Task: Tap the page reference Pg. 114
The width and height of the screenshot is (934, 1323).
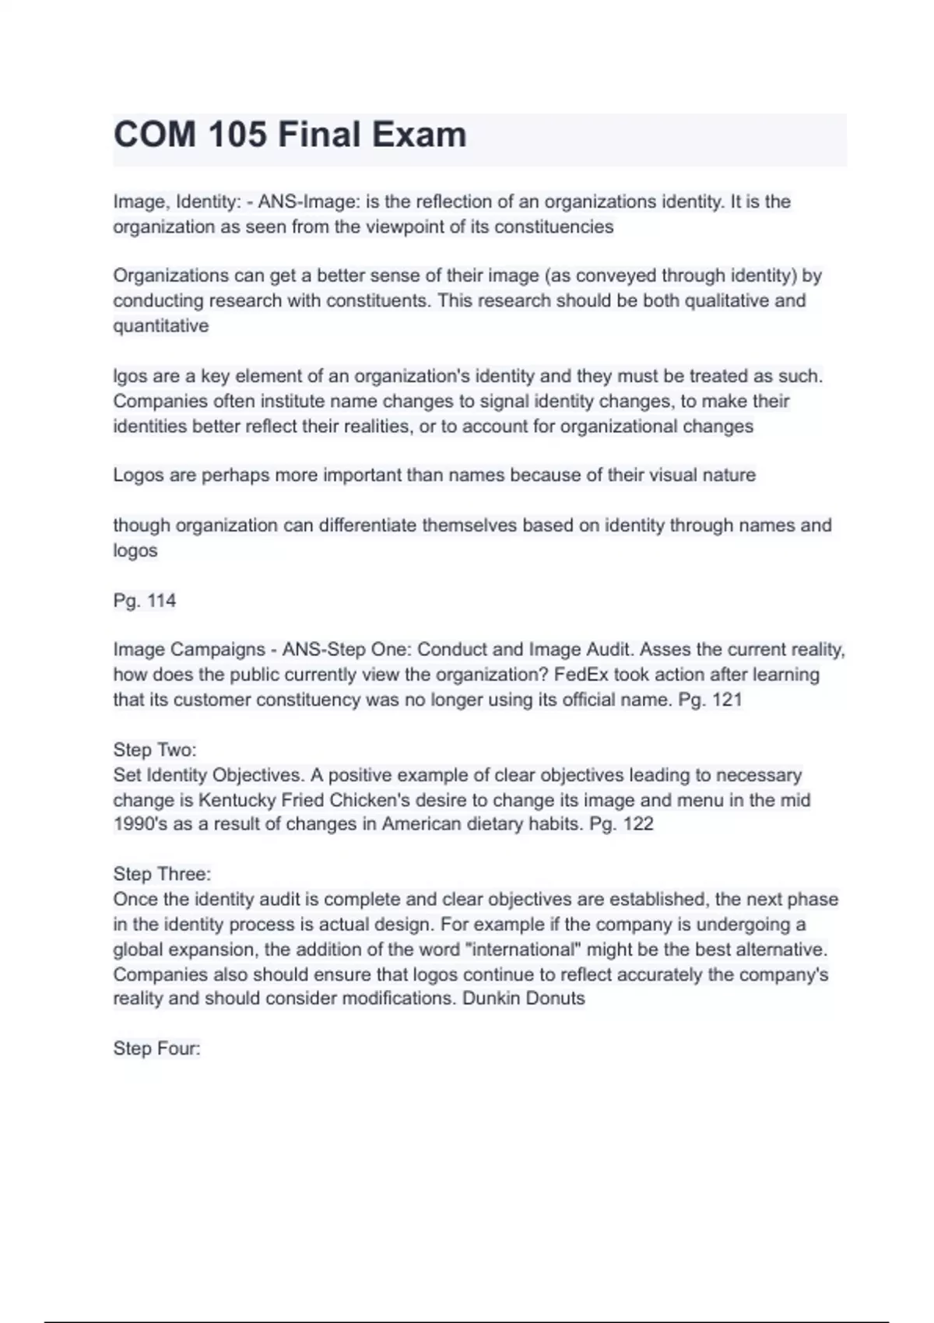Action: pos(145,601)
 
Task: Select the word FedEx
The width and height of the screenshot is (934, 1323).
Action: pos(581,675)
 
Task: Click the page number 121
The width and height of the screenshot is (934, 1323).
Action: pos(727,700)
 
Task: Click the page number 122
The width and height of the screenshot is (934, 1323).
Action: pos(638,824)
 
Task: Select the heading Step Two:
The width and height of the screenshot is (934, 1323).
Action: pos(155,750)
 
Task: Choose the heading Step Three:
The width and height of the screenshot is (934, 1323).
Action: pos(162,874)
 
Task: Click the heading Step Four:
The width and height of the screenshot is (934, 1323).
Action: pos(156,1048)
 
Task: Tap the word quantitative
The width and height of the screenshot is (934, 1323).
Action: pos(161,326)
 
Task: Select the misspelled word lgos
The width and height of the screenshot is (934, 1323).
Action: pos(130,377)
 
